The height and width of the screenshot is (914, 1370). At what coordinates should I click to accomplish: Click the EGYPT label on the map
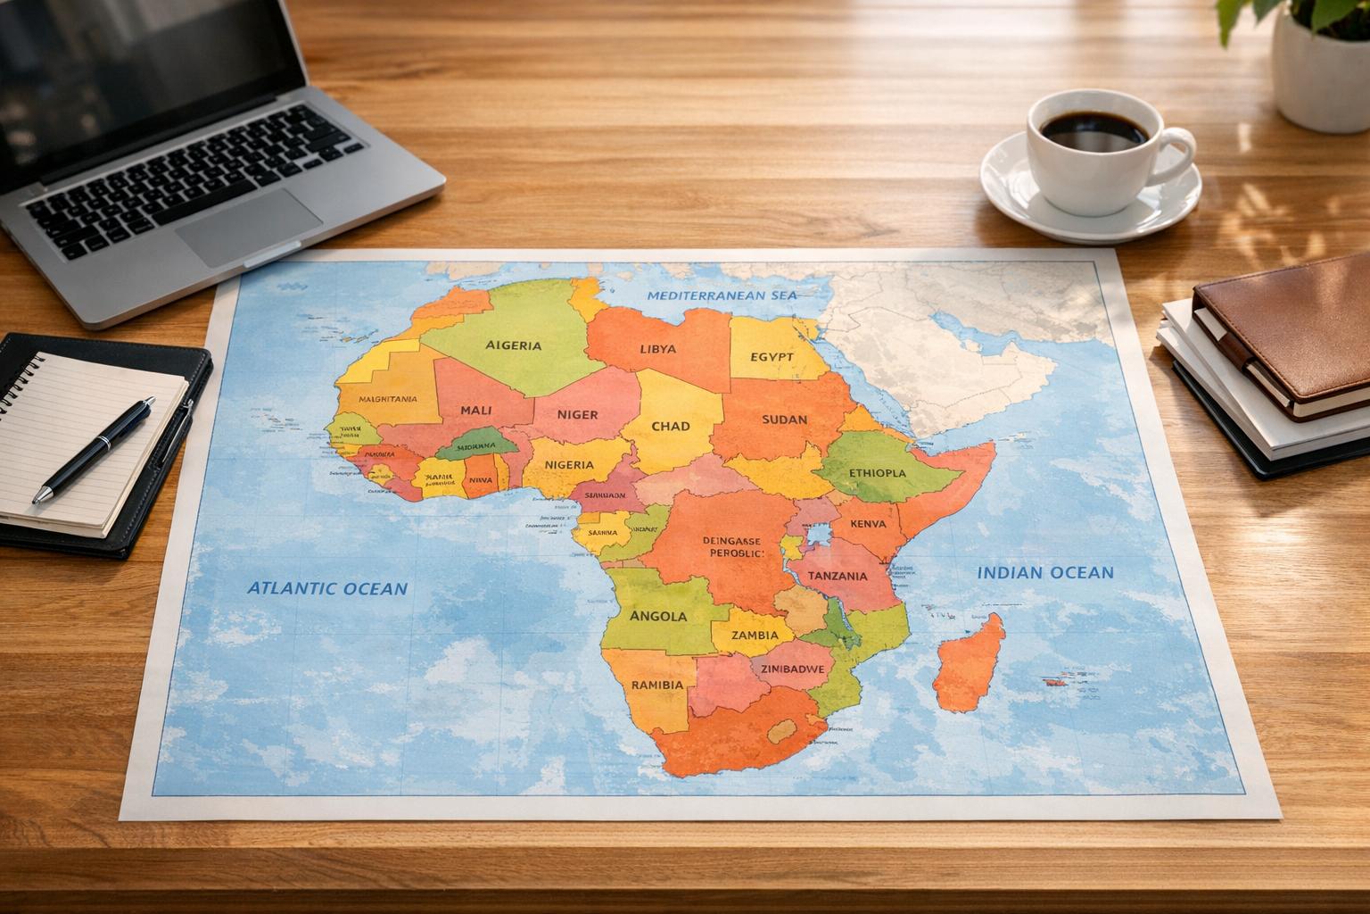[x=772, y=356]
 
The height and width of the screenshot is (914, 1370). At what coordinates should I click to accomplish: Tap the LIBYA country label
[x=658, y=349]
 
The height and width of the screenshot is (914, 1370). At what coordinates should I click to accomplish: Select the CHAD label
[x=671, y=426]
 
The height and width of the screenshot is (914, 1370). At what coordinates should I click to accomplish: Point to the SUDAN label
[x=785, y=419]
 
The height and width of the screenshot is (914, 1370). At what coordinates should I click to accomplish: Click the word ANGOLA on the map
[x=658, y=616]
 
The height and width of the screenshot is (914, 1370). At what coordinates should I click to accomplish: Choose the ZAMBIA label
[x=755, y=636]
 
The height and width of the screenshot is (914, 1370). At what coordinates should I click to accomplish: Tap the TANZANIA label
[x=837, y=576]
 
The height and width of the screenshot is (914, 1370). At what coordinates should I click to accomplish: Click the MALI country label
[x=483, y=411]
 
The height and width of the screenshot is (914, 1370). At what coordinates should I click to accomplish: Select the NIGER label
[x=577, y=414]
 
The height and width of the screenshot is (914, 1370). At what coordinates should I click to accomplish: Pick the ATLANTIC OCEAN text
[x=326, y=588]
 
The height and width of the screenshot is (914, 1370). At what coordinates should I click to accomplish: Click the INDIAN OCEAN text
[x=1045, y=572]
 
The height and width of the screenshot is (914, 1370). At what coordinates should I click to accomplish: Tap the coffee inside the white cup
[x=1094, y=131]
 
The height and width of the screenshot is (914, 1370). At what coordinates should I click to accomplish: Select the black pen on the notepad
[x=94, y=451]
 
